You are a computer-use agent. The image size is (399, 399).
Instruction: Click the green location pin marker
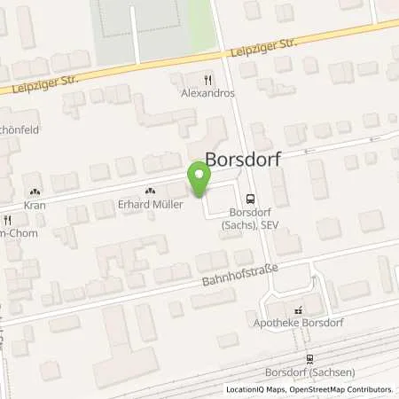click(x=199, y=180)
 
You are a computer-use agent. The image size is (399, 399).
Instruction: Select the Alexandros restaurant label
click(x=208, y=91)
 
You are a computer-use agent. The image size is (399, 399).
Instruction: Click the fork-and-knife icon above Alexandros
click(x=208, y=78)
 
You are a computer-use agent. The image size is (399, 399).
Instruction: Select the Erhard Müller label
click(x=150, y=205)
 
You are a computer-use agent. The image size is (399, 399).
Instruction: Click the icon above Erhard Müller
click(x=149, y=191)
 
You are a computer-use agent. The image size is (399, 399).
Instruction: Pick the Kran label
click(x=35, y=205)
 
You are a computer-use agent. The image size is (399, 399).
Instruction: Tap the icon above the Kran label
click(x=35, y=191)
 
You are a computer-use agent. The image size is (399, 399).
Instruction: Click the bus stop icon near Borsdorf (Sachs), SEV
click(x=251, y=199)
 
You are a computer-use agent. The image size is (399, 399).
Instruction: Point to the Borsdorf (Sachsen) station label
click(x=309, y=372)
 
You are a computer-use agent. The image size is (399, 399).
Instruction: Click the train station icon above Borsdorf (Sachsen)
click(x=309, y=359)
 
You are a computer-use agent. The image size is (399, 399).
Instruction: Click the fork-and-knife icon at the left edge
click(x=7, y=220)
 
